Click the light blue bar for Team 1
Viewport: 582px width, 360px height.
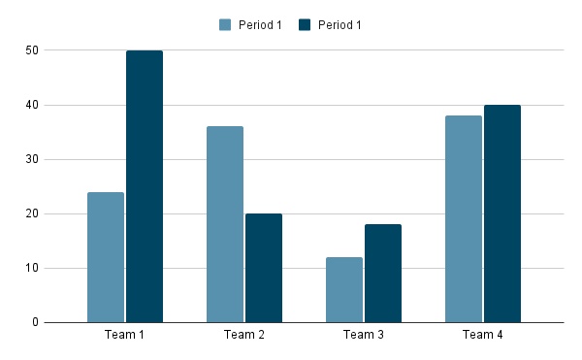pyautogui.click(x=106, y=257)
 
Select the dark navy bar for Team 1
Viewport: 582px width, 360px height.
pyautogui.click(x=145, y=186)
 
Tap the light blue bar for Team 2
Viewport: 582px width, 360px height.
pyautogui.click(x=225, y=224)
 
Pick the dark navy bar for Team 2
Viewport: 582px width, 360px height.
pyautogui.click(x=264, y=268)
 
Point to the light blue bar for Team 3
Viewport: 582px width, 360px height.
pyautogui.click(x=344, y=289)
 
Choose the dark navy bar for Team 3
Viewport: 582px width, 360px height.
pyautogui.click(x=383, y=274)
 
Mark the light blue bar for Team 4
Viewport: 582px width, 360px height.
pyautogui.click(x=464, y=219)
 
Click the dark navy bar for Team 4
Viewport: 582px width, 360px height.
pyautogui.click(x=502, y=213)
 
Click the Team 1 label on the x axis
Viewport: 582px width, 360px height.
pyautogui.click(x=125, y=336)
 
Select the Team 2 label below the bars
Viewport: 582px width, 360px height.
pyautogui.click(x=244, y=336)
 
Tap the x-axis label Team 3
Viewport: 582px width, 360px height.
pyautogui.click(x=364, y=336)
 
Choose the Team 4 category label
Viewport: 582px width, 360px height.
pyautogui.click(x=483, y=336)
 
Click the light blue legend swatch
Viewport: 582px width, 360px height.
pyautogui.click(x=226, y=24)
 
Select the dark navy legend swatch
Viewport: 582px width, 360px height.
pyautogui.click(x=307, y=24)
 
